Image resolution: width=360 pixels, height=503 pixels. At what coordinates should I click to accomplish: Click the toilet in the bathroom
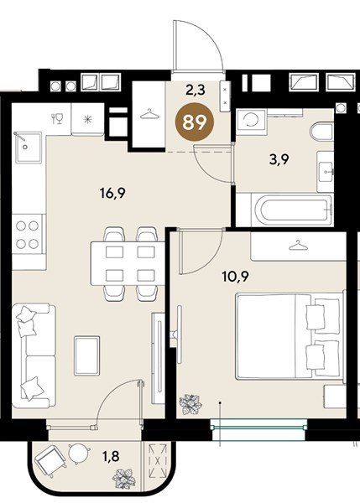[x=322, y=131]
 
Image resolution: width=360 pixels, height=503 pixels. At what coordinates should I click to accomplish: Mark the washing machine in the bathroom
[x=250, y=122]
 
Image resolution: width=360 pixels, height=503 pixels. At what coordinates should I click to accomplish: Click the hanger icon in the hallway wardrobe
[x=150, y=113]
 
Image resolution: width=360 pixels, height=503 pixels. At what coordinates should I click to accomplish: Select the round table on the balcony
[x=78, y=454]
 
